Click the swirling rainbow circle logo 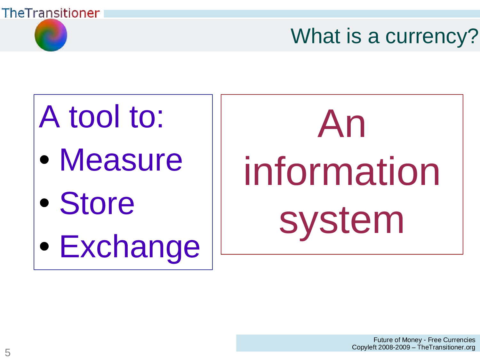click(x=51, y=35)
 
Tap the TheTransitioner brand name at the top click(x=51, y=13)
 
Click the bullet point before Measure click(x=44, y=159)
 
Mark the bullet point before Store click(x=44, y=203)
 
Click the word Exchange click(x=130, y=247)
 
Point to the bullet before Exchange click(x=44, y=246)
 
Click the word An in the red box click(x=341, y=124)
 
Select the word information click(x=341, y=172)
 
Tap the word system click(x=341, y=221)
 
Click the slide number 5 click(x=8, y=352)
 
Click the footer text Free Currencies click(x=451, y=340)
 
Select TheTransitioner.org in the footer click(x=446, y=347)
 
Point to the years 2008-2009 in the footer click(x=394, y=347)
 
